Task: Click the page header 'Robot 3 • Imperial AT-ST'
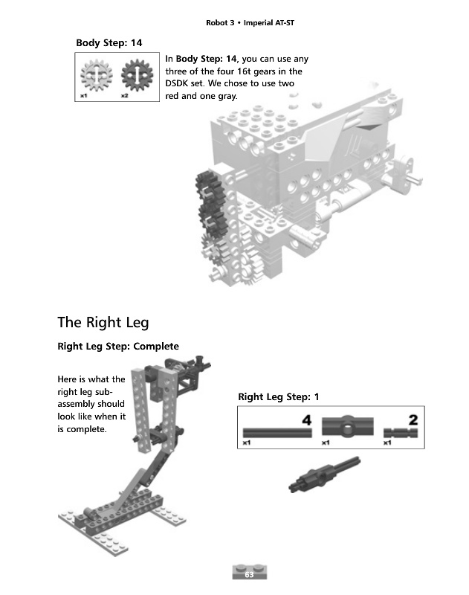click(250, 23)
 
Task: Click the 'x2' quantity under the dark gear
click(124, 96)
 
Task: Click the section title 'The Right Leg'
click(103, 323)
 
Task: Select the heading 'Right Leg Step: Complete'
click(118, 347)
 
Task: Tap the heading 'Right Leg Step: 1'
click(278, 396)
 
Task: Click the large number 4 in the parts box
click(305, 420)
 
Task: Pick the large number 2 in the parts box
click(413, 420)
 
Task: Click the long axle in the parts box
click(275, 432)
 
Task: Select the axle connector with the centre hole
click(347, 428)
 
